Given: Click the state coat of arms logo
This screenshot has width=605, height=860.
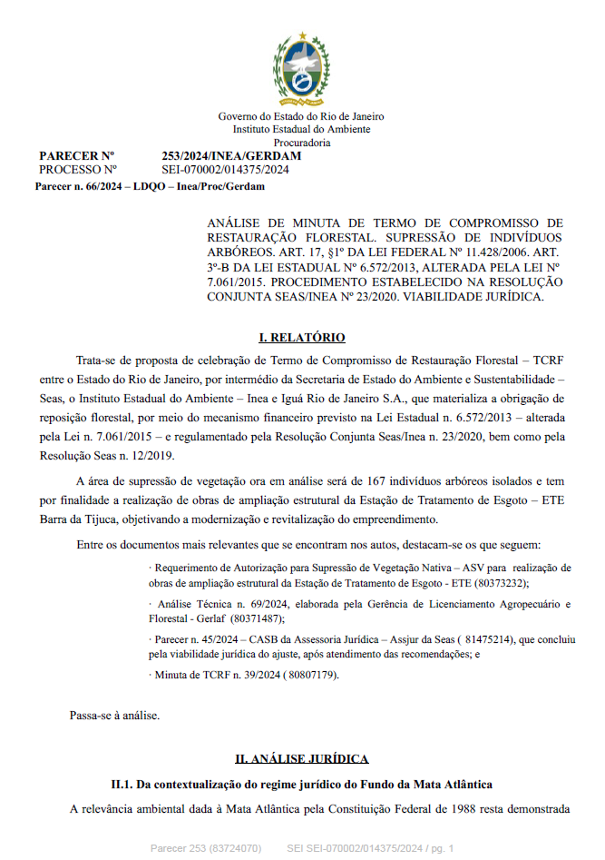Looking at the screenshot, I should tap(301, 69).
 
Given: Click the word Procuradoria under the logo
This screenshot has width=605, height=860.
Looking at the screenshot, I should tap(301, 143).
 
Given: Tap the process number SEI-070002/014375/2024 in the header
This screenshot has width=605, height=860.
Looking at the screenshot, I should tap(225, 170).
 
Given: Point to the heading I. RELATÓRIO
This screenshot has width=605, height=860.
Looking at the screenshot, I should tap(302, 338).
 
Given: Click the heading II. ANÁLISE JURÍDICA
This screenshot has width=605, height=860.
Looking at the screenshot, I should tap(302, 758).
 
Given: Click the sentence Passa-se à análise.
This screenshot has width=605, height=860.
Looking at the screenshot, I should tap(114, 716).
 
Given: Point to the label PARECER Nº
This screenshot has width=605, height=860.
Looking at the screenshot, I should tap(76, 156).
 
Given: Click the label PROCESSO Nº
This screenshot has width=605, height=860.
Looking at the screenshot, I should tap(78, 170).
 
